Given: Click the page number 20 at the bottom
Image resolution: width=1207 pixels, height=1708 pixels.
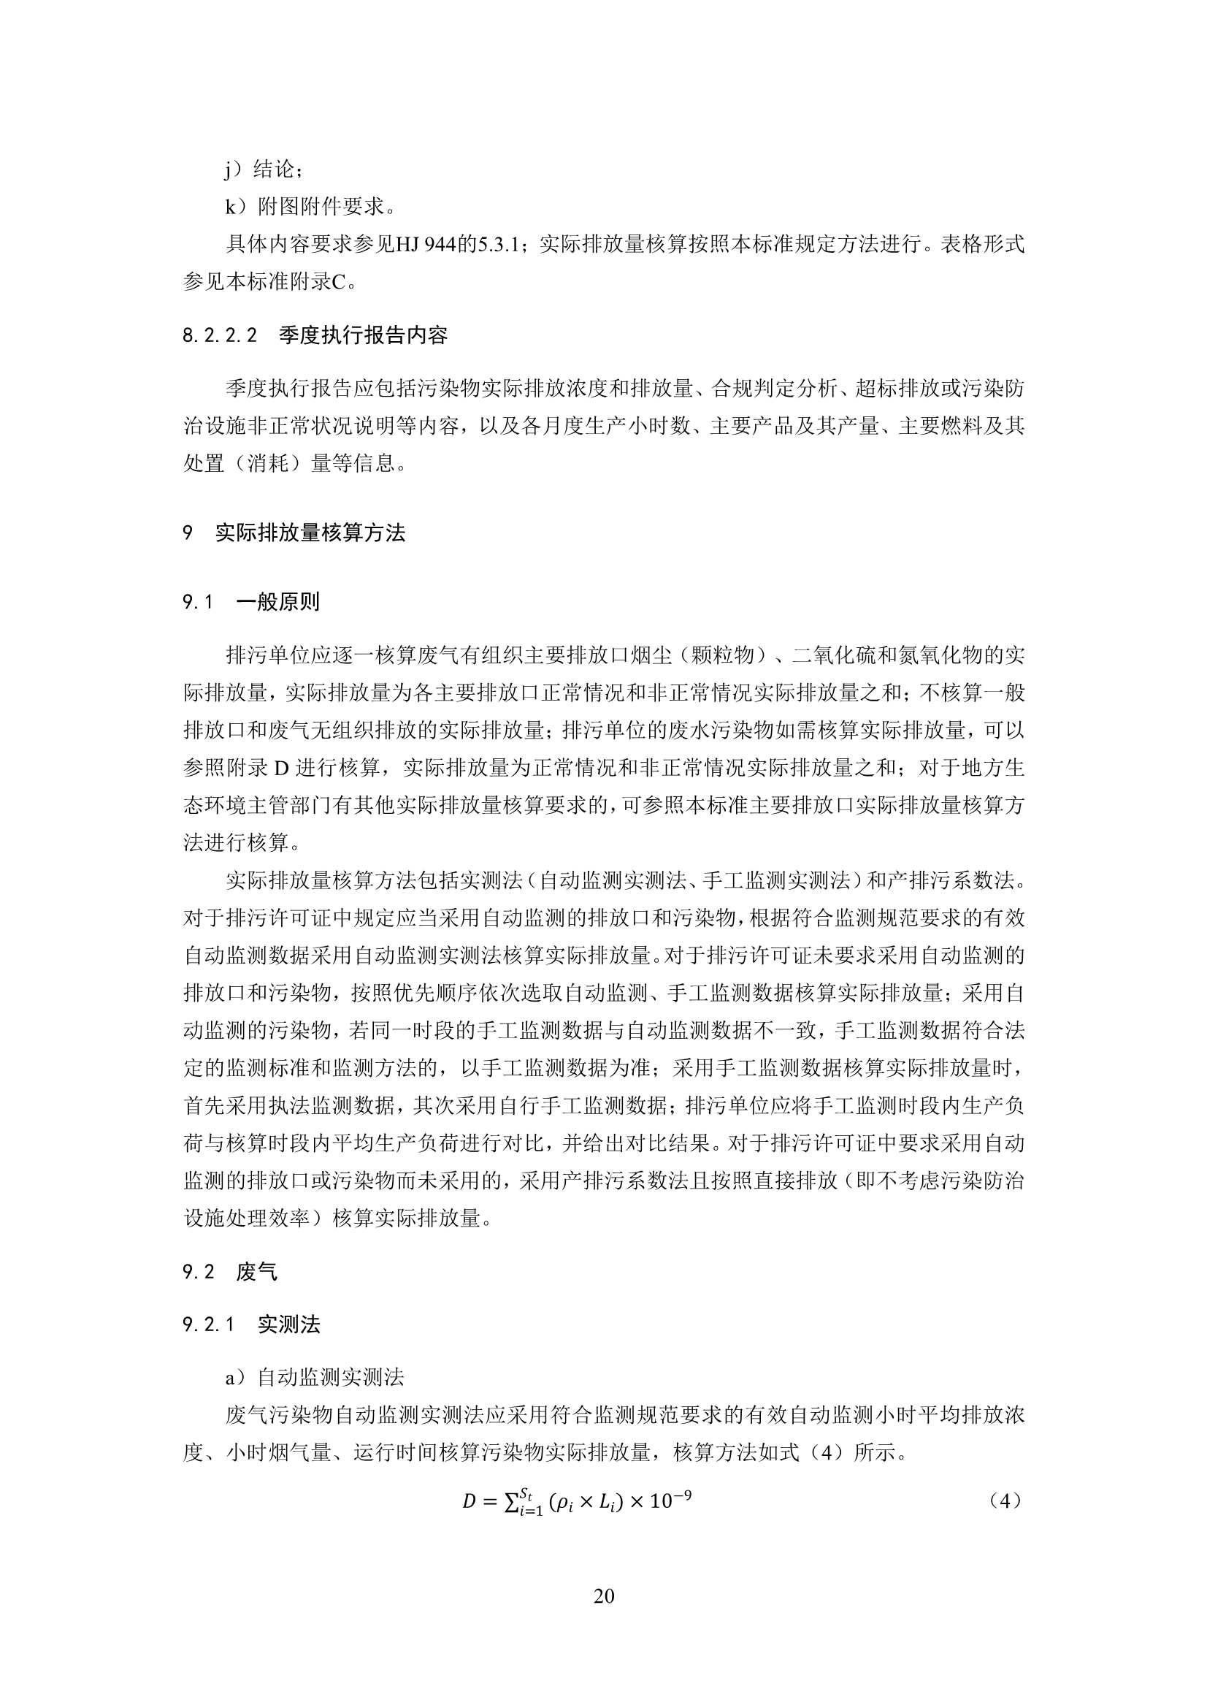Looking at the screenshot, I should click(x=604, y=1595).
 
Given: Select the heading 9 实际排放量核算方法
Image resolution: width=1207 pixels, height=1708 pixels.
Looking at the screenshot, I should click(x=294, y=533).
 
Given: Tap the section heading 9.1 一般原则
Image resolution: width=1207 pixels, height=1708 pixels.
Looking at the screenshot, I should click(x=251, y=602).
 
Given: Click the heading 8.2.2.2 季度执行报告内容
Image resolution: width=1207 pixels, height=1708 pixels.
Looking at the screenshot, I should click(x=315, y=335).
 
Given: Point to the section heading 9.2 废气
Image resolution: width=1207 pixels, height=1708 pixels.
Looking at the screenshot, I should click(x=230, y=1272).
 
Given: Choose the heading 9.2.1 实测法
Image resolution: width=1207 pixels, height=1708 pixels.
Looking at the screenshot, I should click(x=251, y=1324).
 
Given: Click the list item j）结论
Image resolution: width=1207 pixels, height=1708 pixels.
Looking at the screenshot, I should click(x=264, y=169).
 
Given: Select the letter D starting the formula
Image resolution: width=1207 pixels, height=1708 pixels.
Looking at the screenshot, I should click(x=469, y=1502).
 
